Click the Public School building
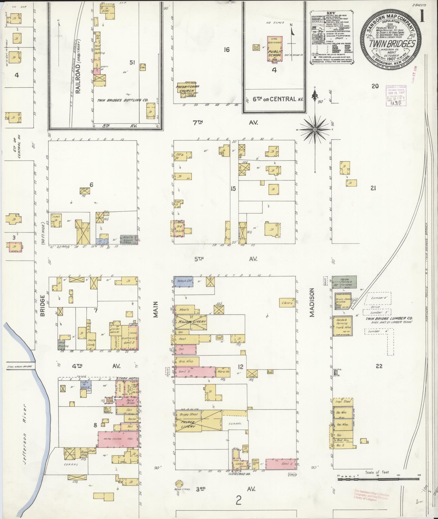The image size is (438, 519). point(275,49)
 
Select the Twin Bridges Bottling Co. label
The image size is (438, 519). point(122,100)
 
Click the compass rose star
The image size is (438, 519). point(315,130)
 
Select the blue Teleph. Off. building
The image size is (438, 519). point(183,282)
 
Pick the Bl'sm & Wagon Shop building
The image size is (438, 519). point(129,240)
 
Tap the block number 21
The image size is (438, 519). point(373,188)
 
